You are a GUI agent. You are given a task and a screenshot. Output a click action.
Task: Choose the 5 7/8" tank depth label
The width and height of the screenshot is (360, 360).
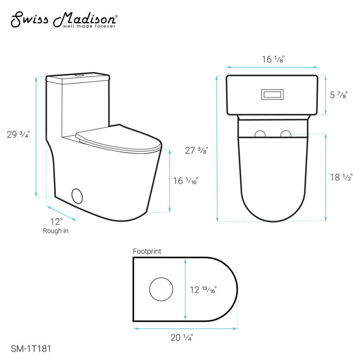[x=339, y=95]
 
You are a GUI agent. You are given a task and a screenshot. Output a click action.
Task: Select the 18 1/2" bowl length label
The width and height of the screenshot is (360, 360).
[x=340, y=177]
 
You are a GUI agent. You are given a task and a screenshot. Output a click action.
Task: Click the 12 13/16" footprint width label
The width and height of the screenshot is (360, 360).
[x=203, y=290]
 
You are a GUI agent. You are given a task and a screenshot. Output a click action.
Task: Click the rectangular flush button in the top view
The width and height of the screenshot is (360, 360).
[x=272, y=94]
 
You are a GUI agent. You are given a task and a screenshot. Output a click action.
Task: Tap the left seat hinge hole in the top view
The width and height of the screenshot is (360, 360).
[x=260, y=134]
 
